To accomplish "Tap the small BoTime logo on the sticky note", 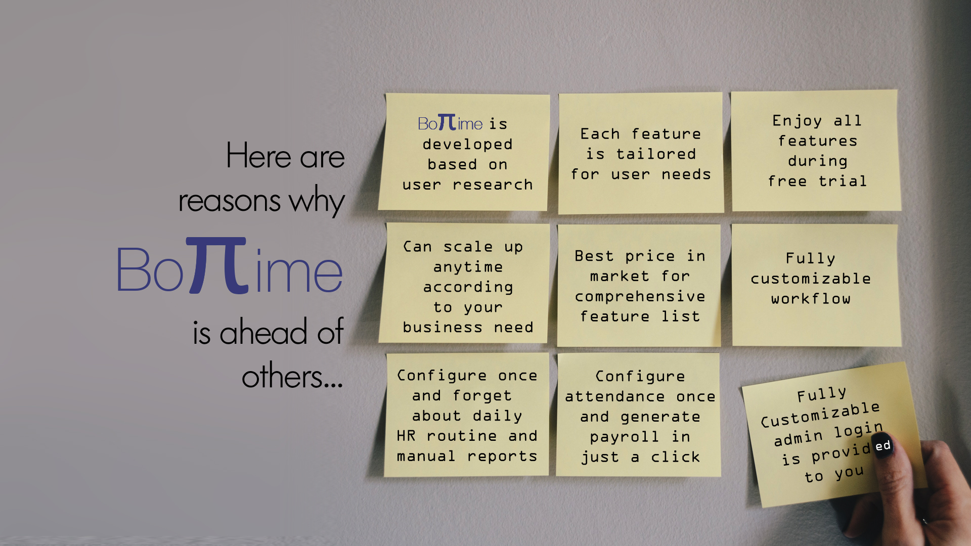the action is pos(450,122).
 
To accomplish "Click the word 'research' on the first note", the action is pos(493,185).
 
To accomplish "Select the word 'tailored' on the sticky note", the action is pos(656,154).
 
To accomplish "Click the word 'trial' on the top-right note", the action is pos(843,180).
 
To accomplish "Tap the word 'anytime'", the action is pos(468,267).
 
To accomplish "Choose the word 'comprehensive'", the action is pos(640,296).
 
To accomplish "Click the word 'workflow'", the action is pos(811,298).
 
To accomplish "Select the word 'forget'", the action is pos(482,395).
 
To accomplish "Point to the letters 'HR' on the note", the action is pos(406,435).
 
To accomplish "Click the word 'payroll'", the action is pos(625,437).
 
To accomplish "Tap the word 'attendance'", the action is pos(615,396).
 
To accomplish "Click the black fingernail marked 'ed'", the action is pos(884,445).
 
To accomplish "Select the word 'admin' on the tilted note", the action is pos(798,438).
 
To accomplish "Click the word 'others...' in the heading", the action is pos(292,376).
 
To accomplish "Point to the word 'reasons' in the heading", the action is pos(229,201).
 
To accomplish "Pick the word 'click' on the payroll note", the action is pos(675,457).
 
